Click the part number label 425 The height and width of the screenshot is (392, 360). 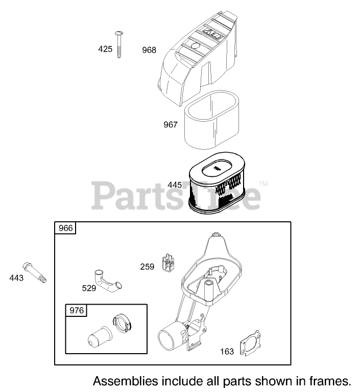(x=105, y=49)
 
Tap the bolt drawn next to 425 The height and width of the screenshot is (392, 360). (x=119, y=45)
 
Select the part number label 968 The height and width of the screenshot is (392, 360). (x=149, y=50)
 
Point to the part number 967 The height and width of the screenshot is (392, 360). (x=170, y=124)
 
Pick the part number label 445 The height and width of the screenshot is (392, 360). (x=175, y=185)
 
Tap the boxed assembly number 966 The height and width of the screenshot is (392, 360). (x=66, y=228)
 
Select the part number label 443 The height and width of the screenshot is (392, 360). (x=16, y=278)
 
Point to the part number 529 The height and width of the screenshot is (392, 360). (x=89, y=288)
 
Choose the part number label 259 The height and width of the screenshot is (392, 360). (x=147, y=267)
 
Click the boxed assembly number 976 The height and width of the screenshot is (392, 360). (x=77, y=310)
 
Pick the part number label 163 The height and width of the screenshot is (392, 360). (x=227, y=351)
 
